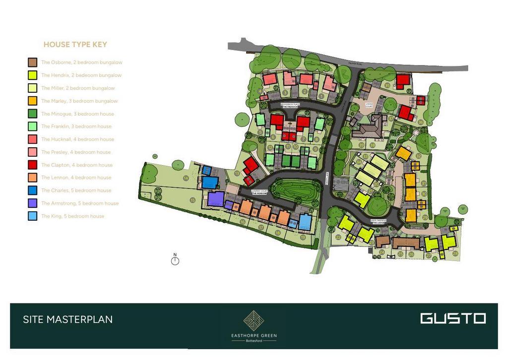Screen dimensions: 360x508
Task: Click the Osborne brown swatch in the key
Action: coord(32,62)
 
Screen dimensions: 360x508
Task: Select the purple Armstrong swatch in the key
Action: coord(32,203)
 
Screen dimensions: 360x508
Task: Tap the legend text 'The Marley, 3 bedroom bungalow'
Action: coord(79,101)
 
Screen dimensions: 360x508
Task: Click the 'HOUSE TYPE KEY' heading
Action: coord(75,45)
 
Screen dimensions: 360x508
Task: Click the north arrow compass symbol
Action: coord(175,260)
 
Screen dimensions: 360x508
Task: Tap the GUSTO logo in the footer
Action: coord(452,318)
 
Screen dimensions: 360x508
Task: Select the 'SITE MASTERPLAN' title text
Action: coord(68,319)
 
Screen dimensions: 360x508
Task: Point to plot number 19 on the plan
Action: coord(303,237)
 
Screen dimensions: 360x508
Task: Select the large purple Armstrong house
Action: coord(216,199)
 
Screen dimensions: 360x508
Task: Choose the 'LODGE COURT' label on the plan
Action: coord(369,106)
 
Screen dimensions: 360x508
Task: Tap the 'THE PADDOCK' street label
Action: coord(289,107)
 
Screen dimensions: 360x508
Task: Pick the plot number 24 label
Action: coord(381,251)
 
